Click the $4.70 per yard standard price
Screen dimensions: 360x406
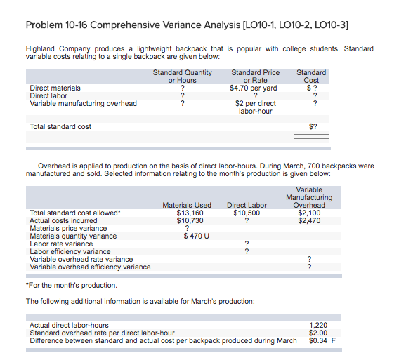click(254, 88)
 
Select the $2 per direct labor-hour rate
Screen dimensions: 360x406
click(255, 107)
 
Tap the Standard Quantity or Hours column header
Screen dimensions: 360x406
click(182, 76)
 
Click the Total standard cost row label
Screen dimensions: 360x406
click(60, 127)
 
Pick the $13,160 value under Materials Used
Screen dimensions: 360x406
click(189, 213)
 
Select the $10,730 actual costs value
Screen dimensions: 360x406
click(189, 220)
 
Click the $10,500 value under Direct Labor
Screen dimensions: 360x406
click(247, 213)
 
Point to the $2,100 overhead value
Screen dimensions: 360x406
click(310, 213)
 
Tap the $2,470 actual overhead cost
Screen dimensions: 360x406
click(310, 220)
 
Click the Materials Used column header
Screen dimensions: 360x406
click(187, 205)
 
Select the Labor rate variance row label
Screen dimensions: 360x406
click(61, 244)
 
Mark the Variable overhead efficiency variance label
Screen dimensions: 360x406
click(90, 267)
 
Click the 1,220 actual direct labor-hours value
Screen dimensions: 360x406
click(318, 325)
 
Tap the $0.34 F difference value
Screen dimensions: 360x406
click(322, 340)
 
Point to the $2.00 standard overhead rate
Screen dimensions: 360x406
click(318, 333)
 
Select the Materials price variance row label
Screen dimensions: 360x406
click(68, 228)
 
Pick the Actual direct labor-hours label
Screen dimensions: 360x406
click(69, 325)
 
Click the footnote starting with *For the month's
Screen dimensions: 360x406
click(72, 286)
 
